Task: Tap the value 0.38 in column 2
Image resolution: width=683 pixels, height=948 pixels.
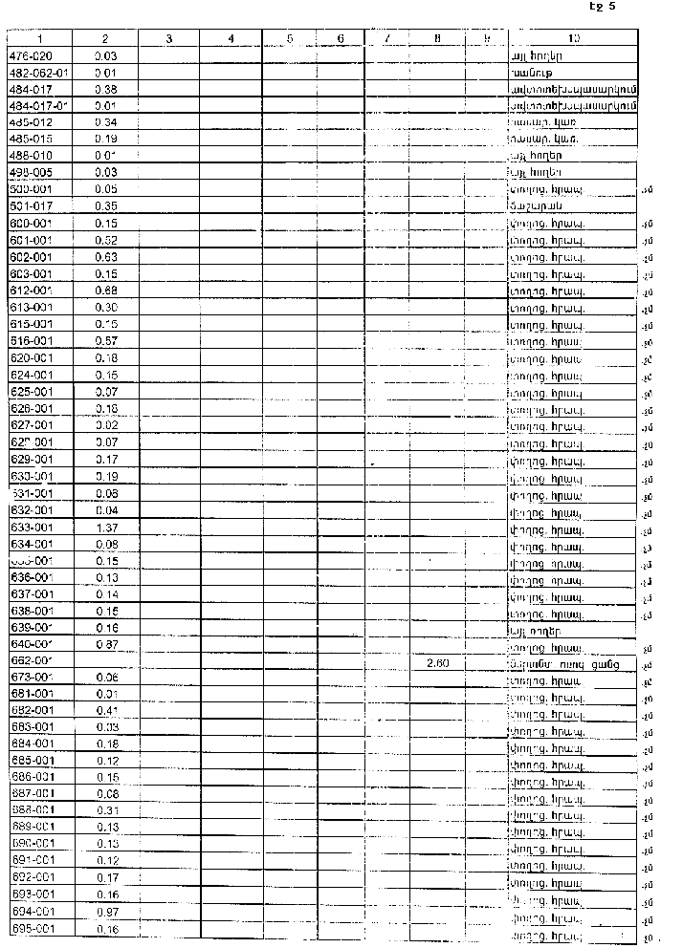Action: (106, 89)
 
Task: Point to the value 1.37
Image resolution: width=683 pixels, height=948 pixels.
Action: (106, 528)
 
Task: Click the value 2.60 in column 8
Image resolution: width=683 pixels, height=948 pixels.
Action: (435, 661)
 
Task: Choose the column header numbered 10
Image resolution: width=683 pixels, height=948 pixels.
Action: (572, 38)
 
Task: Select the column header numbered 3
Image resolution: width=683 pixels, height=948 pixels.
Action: (168, 38)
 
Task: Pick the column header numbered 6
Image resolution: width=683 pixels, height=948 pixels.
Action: (341, 38)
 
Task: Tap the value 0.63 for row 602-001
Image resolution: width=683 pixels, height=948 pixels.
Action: (106, 256)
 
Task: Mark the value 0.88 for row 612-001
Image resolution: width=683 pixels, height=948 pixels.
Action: (106, 290)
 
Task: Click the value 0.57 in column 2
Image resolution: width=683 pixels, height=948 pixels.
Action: (106, 340)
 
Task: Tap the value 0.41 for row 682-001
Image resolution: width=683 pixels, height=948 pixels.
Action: (106, 710)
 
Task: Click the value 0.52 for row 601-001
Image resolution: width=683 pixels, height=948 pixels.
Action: (106, 239)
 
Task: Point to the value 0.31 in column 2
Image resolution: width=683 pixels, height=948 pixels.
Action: (106, 810)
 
